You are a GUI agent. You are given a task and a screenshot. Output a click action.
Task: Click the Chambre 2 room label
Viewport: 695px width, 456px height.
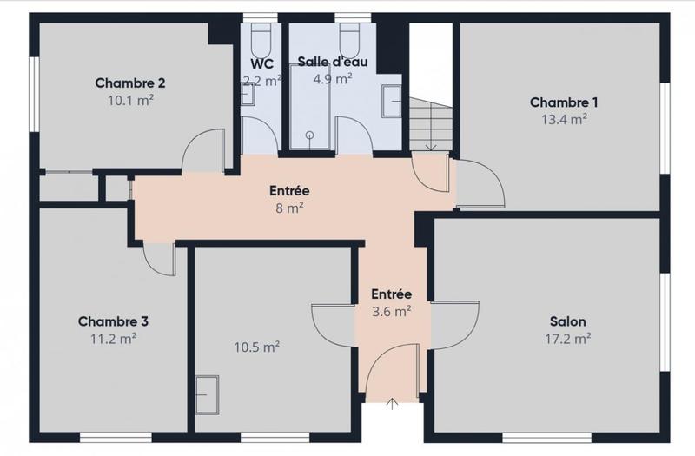[x=130, y=83]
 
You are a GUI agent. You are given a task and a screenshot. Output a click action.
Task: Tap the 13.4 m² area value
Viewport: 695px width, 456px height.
[x=564, y=119]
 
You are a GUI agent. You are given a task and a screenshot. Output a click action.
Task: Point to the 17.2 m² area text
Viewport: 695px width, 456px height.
[x=570, y=338]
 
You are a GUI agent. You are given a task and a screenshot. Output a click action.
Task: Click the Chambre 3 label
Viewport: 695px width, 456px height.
[x=113, y=321]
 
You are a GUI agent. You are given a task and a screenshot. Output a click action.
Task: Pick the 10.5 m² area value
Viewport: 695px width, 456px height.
[x=256, y=347]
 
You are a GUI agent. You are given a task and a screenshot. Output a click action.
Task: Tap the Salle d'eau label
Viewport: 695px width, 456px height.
[x=332, y=61]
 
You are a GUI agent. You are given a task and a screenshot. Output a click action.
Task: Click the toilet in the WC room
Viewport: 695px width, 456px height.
[x=260, y=38]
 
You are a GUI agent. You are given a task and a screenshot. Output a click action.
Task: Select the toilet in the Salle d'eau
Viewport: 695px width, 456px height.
[x=349, y=38]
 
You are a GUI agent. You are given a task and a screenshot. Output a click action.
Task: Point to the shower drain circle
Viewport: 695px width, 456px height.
[x=309, y=135]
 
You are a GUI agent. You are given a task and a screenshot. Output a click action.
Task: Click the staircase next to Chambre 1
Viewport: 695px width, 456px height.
[x=432, y=122]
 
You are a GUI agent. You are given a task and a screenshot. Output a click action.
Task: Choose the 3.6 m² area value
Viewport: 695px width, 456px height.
[x=391, y=311]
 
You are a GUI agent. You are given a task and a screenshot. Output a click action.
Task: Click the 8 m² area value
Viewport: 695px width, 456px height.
[x=289, y=208]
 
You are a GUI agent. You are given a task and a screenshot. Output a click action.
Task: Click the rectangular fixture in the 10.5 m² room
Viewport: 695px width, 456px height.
[x=207, y=395]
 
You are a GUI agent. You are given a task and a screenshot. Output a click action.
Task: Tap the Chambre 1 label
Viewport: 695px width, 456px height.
[x=564, y=102]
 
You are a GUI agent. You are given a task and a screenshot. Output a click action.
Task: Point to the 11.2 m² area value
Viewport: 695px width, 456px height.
[x=113, y=338]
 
